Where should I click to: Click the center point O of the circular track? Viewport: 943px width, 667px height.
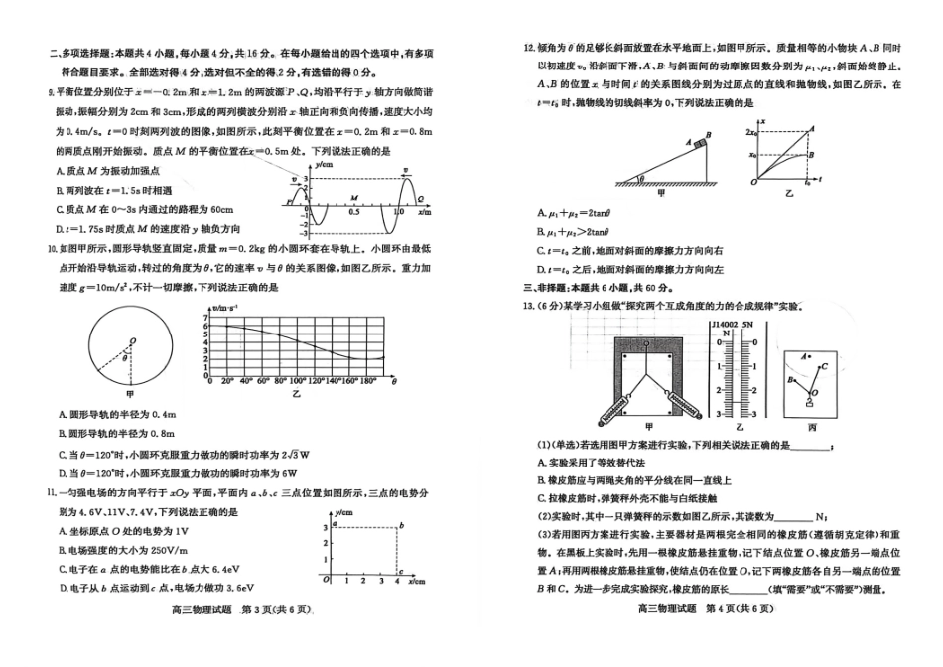[x=130, y=341]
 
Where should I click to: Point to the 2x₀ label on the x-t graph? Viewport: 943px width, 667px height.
[x=751, y=132]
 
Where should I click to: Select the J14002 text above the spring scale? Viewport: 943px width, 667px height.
[x=726, y=324]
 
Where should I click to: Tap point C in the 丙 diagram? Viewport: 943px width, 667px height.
[x=826, y=363]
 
